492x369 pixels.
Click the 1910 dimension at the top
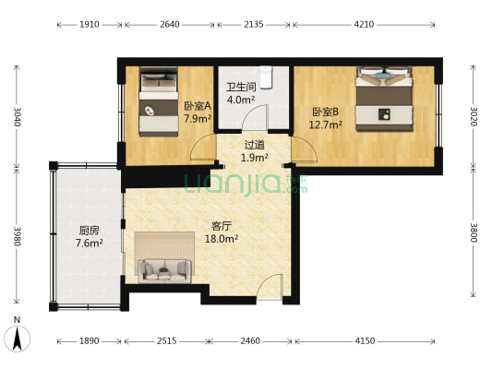tap(88, 25)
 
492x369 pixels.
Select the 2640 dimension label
tap(170, 25)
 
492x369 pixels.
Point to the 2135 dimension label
tap(254, 25)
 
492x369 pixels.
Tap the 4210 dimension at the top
tap(364, 25)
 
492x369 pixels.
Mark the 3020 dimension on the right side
tap(474, 116)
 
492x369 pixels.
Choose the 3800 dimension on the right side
tap(474, 233)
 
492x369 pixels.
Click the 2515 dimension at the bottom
tap(166, 341)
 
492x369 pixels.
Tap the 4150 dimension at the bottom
tap(365, 341)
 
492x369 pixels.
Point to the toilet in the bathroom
tap(268, 76)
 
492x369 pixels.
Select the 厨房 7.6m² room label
tap(89, 237)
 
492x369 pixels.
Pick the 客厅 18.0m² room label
tap(222, 232)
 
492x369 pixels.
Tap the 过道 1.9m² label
tap(254, 150)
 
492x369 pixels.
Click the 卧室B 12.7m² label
tap(327, 117)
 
